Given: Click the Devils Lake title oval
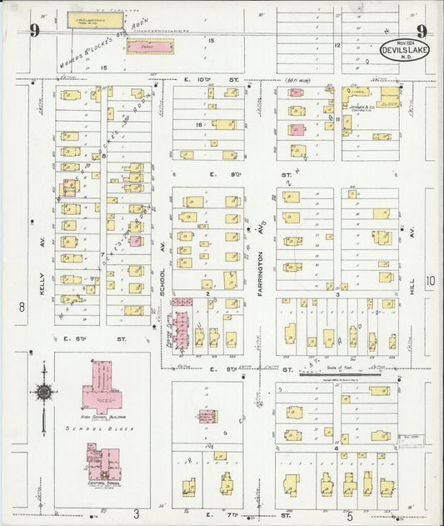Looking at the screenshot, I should [406, 49].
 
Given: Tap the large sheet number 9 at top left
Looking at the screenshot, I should [34, 32].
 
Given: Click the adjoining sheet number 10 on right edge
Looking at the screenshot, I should [430, 281].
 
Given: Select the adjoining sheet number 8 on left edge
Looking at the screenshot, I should [22, 307].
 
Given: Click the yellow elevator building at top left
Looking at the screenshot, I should [87, 17].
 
